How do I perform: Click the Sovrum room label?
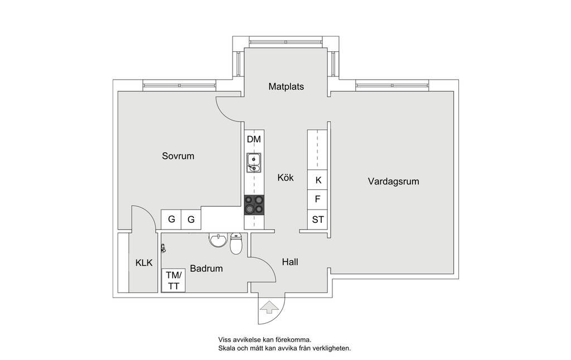tap(178, 156)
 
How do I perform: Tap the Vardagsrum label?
tap(393, 181)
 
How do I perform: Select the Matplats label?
tap(286, 86)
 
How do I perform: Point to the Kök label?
tap(285, 178)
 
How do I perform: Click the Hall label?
tap(290, 262)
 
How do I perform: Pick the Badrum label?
tap(206, 269)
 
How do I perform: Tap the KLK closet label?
tap(144, 263)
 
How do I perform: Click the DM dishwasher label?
tap(254, 139)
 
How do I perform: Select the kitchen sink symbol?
tap(254, 162)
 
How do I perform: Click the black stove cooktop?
tap(254, 205)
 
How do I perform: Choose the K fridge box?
tap(317, 180)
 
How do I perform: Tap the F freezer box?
tap(317, 200)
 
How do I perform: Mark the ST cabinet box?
tap(317, 220)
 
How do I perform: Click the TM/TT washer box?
tap(173, 280)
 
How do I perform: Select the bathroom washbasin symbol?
tap(218, 240)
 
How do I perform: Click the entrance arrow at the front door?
tap(269, 307)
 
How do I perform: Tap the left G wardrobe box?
tap(171, 220)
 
